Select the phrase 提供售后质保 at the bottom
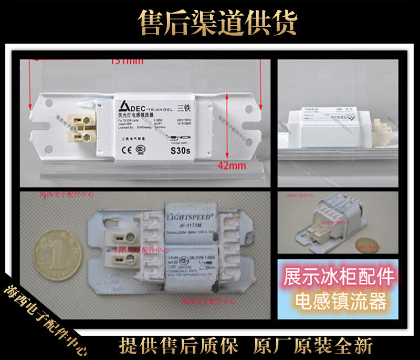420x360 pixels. [x=179, y=346]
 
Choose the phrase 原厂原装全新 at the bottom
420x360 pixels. [x=313, y=346]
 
